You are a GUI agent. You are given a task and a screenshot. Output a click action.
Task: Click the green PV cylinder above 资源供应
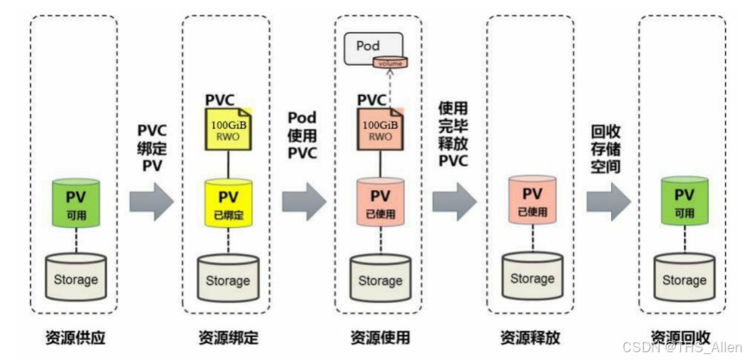[73, 201]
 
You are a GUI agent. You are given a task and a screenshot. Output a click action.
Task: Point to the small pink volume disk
[390, 63]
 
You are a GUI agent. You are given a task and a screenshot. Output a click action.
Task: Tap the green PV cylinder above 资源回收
[684, 200]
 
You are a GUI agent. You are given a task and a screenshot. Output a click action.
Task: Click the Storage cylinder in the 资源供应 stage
[73, 279]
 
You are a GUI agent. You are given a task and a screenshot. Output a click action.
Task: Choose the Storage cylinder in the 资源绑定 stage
[228, 279]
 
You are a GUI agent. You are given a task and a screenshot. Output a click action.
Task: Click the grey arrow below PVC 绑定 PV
[151, 201]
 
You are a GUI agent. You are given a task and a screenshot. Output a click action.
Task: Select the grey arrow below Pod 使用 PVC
[304, 201]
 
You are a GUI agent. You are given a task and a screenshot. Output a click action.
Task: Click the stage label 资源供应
[73, 336]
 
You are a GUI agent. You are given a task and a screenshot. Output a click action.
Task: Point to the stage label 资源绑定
[228, 336]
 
